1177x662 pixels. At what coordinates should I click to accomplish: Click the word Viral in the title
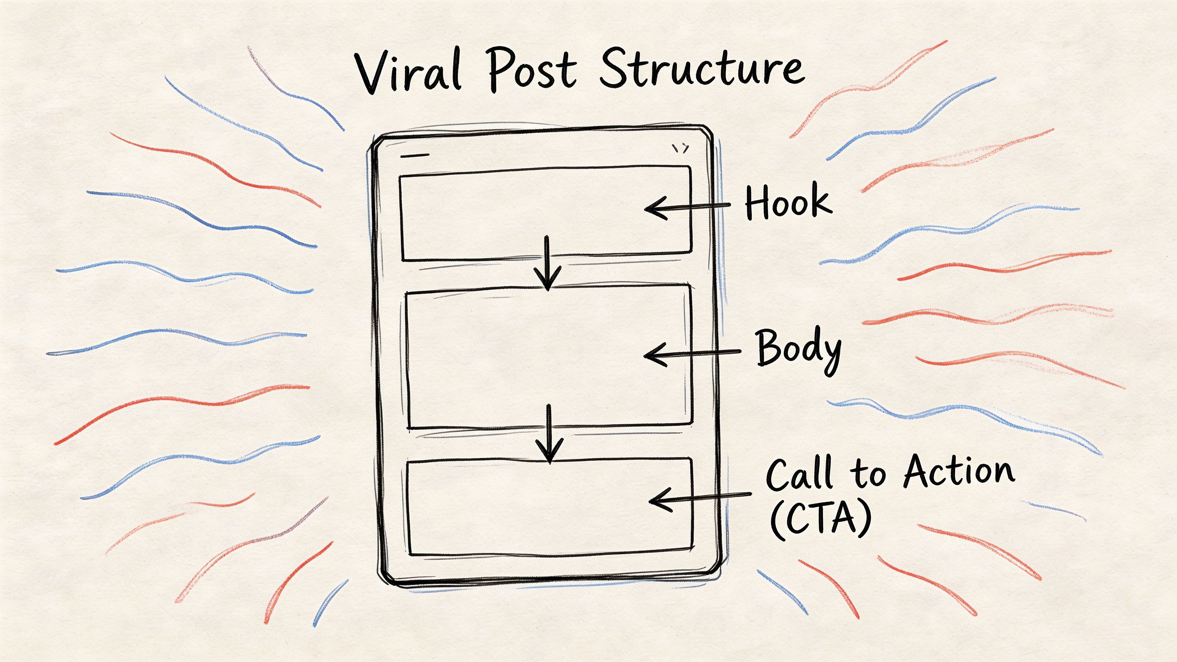tap(408, 73)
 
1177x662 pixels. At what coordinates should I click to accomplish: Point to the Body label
tap(798, 349)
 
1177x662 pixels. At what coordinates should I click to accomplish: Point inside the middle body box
tap(503, 356)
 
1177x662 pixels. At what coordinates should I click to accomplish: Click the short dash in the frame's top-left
tap(414, 156)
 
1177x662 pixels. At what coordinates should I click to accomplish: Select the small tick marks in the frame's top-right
tap(680, 149)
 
